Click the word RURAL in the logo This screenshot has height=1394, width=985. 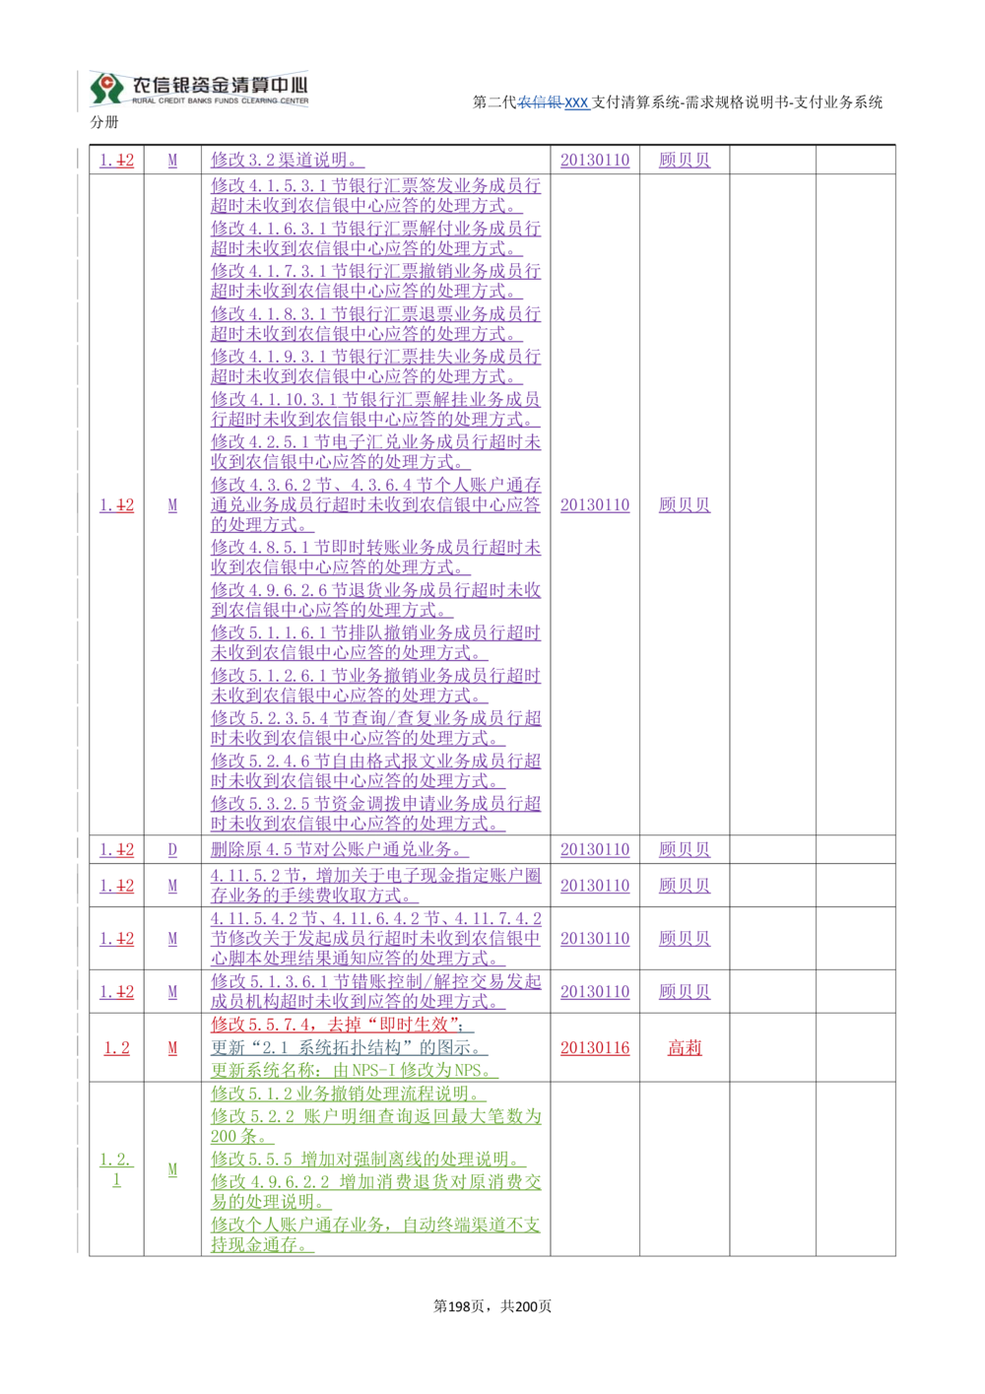pyautogui.click(x=147, y=102)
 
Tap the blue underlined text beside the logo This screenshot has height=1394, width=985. pyautogui.click(x=556, y=102)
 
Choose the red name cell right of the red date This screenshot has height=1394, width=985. pyautogui.click(x=685, y=1050)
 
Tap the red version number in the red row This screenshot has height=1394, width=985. pyautogui.click(x=116, y=1050)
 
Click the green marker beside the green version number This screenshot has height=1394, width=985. pyautogui.click(x=173, y=1169)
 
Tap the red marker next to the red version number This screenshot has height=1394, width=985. pyautogui.click(x=173, y=1050)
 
